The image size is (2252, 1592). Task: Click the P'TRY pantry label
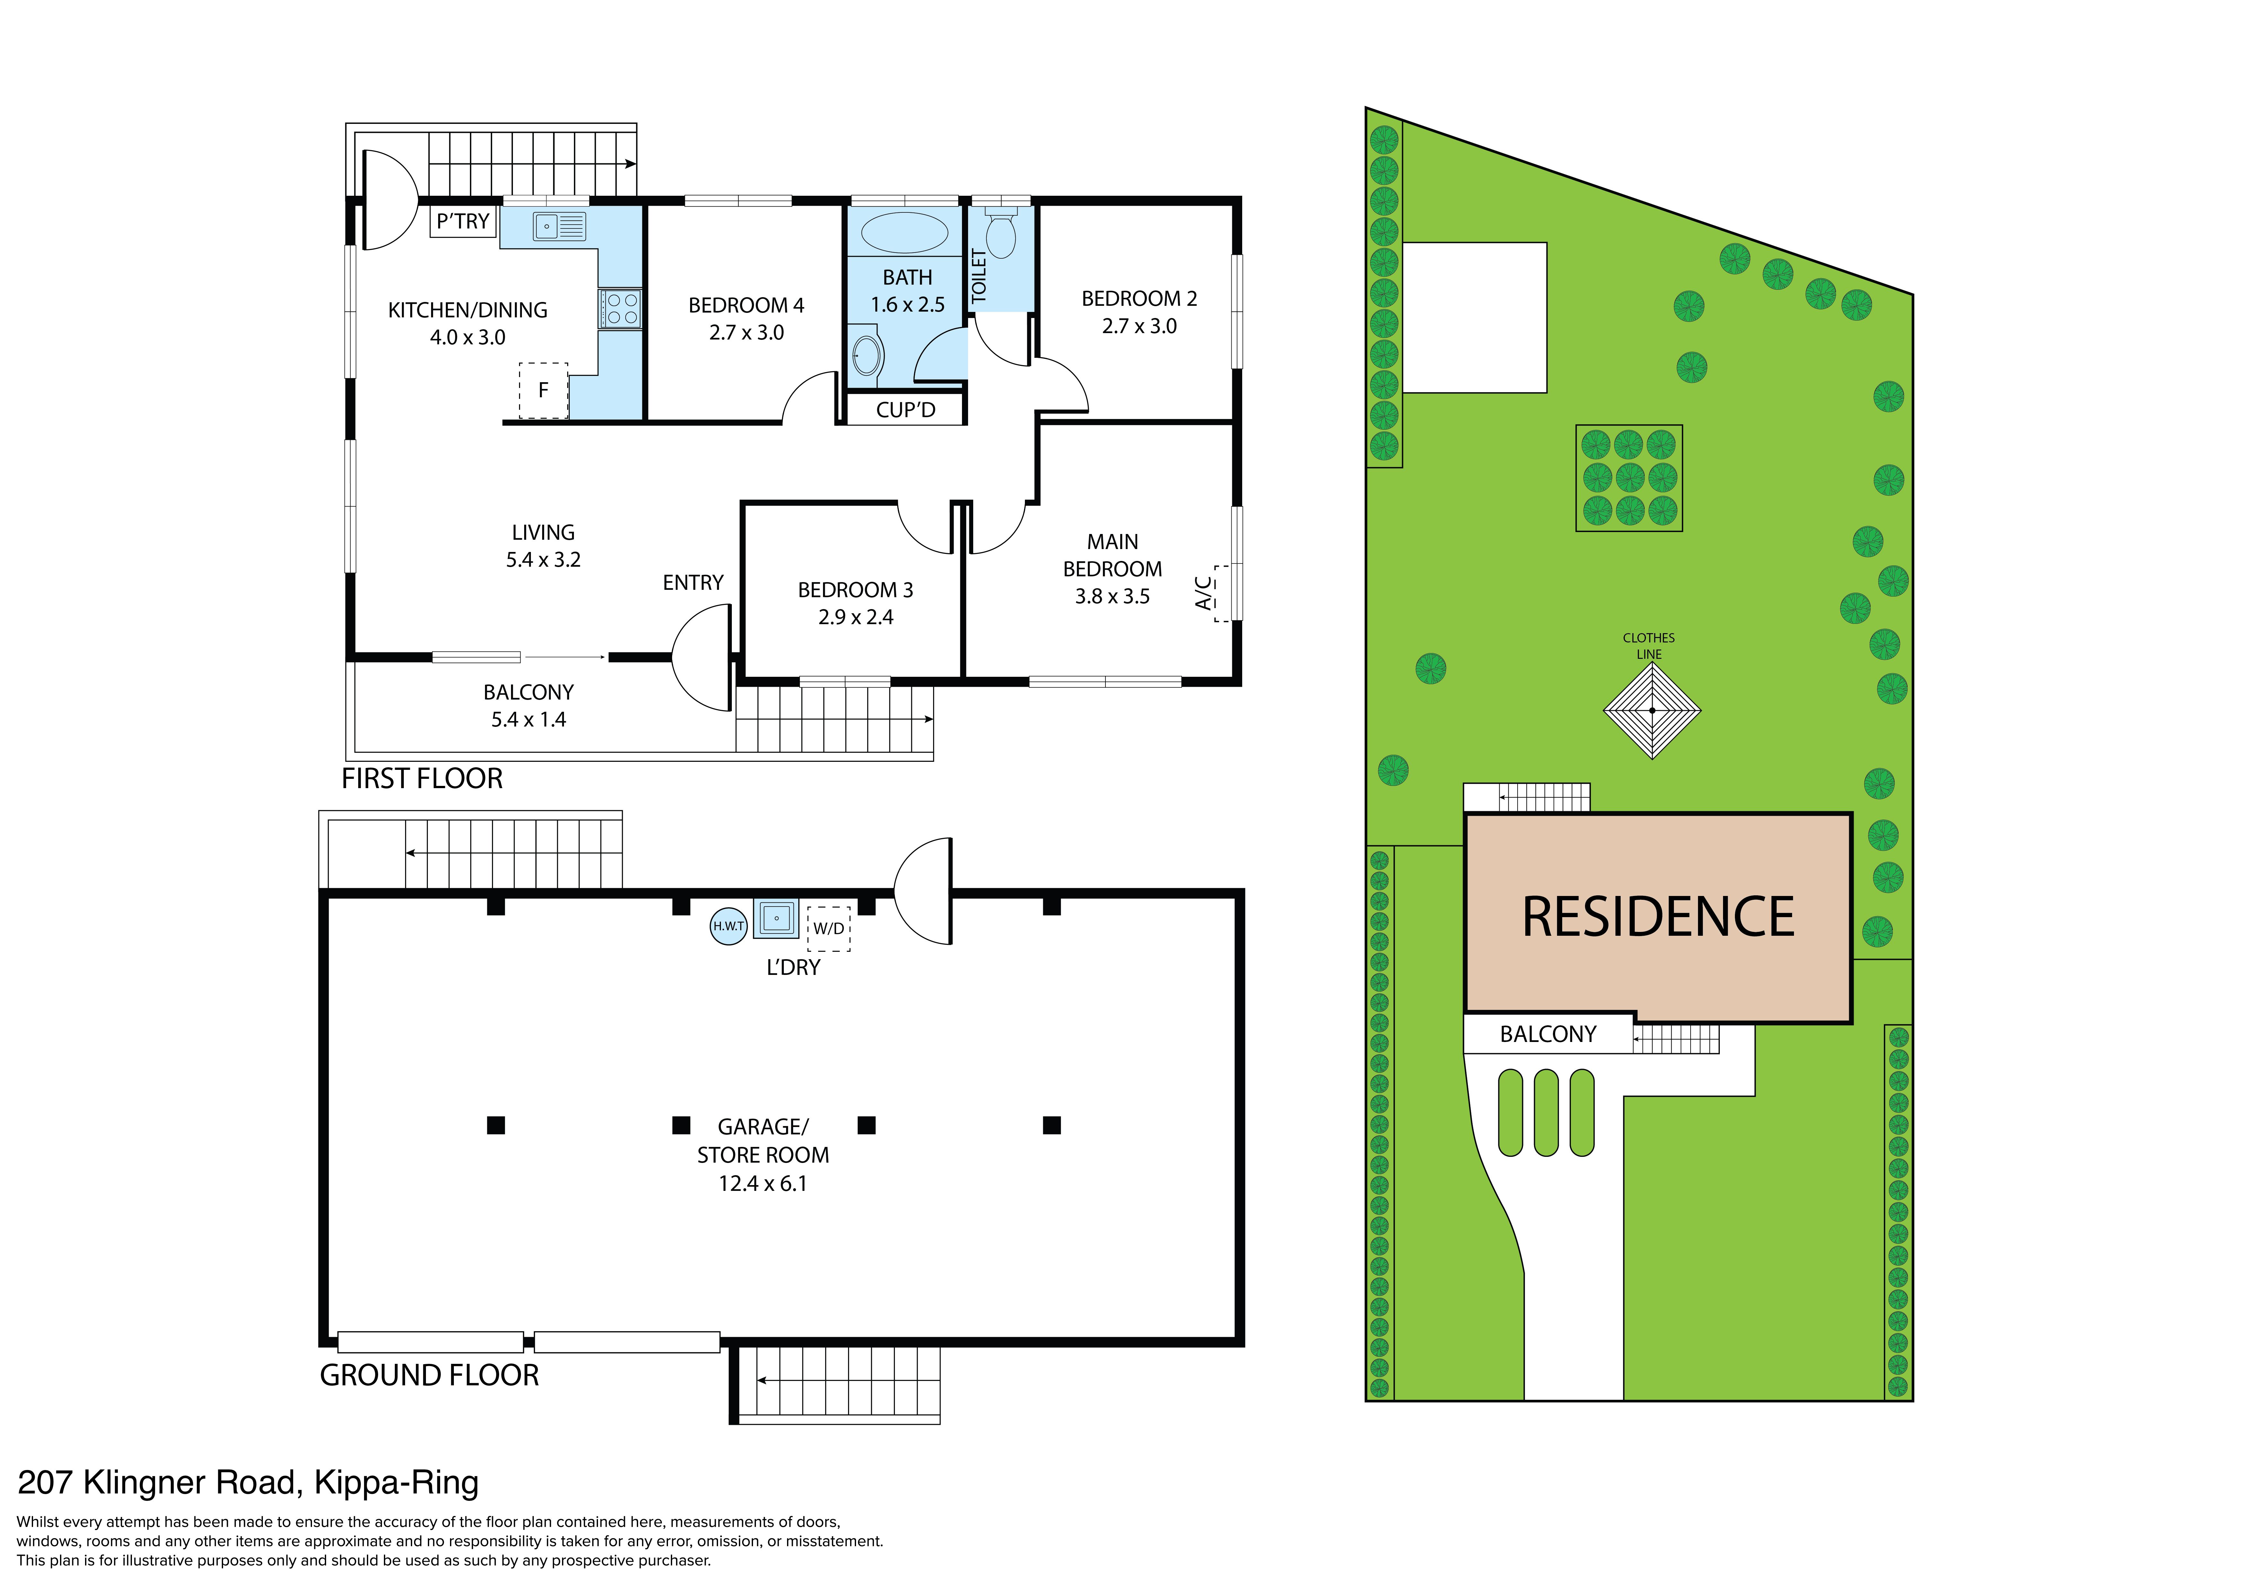[463, 222]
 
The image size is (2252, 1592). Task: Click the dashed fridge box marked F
[543, 391]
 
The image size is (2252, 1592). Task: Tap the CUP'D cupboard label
[905, 410]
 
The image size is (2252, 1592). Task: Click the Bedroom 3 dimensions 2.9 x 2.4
[855, 617]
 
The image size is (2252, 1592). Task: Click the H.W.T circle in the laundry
[729, 926]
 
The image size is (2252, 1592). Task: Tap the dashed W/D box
[829, 928]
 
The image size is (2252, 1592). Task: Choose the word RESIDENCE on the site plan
[1658, 917]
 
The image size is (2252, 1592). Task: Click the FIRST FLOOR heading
[422, 779]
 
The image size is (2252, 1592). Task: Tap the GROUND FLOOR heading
[429, 1375]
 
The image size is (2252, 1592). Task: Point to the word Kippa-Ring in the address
[396, 1483]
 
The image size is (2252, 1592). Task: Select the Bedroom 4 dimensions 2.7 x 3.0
[746, 332]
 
